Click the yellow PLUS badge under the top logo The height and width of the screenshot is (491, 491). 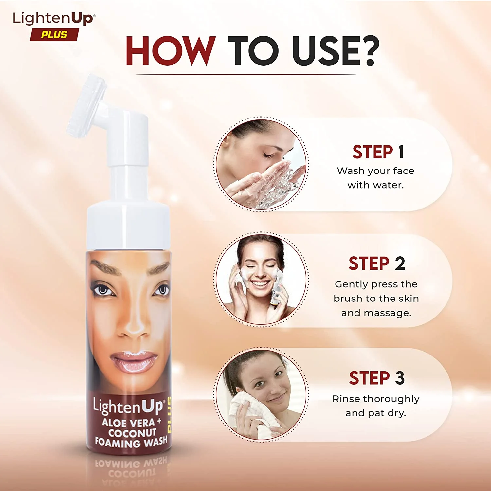(x=54, y=35)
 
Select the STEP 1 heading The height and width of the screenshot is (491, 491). (x=378, y=152)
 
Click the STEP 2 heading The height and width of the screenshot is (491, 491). (x=376, y=264)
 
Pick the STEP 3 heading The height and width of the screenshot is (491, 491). (x=376, y=378)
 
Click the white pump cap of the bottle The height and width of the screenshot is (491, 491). (x=128, y=226)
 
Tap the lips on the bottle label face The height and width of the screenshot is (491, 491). (x=134, y=362)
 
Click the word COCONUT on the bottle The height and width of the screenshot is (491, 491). (x=132, y=433)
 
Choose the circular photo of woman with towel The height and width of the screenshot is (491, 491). (x=261, y=394)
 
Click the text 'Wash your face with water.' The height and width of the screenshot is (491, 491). (x=375, y=178)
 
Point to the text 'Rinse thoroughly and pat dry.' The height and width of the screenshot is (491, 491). (x=376, y=406)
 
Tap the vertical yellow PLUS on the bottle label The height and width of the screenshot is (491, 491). (x=169, y=414)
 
